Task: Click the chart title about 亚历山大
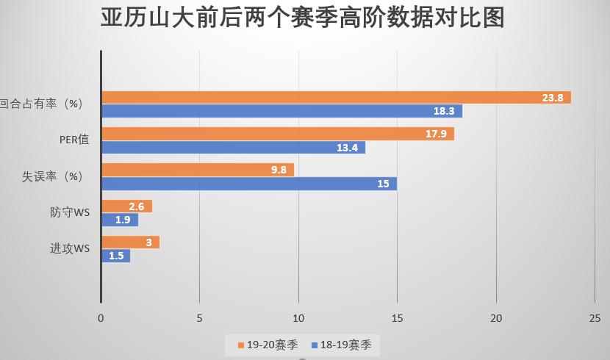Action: click(303, 18)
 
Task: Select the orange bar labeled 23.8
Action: click(336, 98)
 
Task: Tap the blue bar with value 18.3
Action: click(281, 112)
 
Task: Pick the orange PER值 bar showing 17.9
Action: click(278, 134)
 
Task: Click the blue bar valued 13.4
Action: click(233, 148)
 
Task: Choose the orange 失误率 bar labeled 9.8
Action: click(198, 170)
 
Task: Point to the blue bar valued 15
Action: click(249, 184)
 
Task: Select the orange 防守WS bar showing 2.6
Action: click(126, 206)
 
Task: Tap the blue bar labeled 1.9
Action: click(120, 220)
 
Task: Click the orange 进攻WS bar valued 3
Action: click(130, 242)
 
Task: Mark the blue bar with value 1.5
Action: click(115, 256)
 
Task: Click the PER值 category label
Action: click(74, 140)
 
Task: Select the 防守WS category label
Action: click(70, 213)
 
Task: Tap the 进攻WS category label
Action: click(70, 249)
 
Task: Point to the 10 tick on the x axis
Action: click(298, 318)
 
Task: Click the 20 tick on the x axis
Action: click(496, 318)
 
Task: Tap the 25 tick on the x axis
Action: click(595, 318)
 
